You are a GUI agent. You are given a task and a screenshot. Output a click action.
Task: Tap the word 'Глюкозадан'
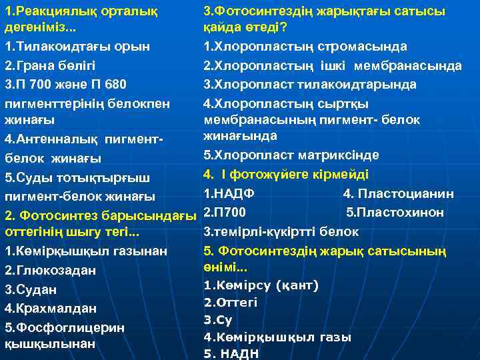pyautogui.click(x=54, y=271)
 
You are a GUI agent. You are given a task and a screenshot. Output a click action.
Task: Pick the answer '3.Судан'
pyautogui.click(x=31, y=290)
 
